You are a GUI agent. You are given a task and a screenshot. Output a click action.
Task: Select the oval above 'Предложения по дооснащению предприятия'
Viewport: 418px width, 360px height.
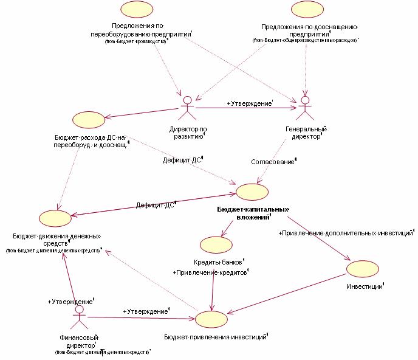tap(306, 9)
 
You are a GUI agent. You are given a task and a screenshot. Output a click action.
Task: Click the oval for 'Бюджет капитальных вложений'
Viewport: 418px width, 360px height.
tap(251, 191)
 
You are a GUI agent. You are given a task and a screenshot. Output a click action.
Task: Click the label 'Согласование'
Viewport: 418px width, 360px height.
tap(273, 162)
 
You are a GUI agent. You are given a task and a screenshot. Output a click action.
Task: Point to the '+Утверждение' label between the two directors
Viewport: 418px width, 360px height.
tap(250, 104)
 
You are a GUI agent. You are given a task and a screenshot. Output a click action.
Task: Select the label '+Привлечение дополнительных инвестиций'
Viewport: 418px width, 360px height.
tap(346, 233)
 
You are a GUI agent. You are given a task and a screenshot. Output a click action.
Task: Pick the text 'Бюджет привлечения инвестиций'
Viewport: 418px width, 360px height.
tap(216, 336)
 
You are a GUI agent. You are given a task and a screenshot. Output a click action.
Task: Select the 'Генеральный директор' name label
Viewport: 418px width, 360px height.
tap(306, 133)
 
